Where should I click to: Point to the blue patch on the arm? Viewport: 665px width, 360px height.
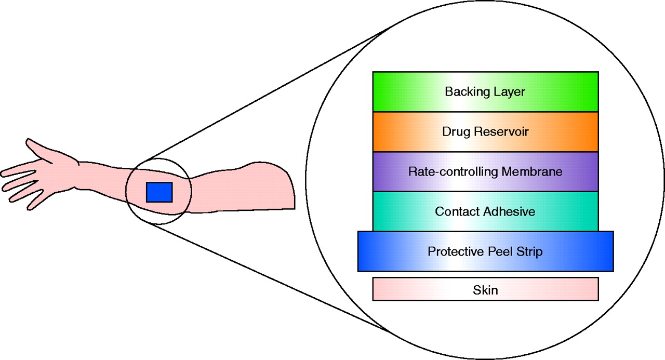(159, 192)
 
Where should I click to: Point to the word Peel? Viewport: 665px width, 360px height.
(502, 251)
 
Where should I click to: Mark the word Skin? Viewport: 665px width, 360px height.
(485, 290)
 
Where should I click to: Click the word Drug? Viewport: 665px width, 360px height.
(456, 132)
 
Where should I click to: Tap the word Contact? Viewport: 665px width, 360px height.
(457, 211)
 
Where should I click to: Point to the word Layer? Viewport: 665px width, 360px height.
(510, 92)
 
